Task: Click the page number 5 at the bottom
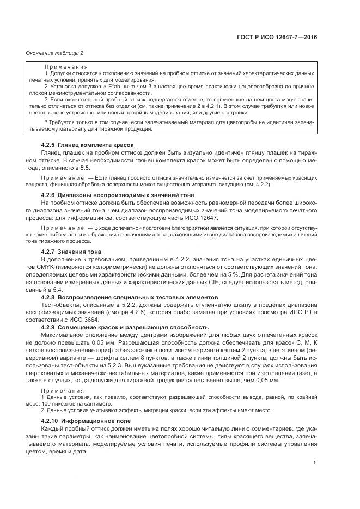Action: (315, 463)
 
